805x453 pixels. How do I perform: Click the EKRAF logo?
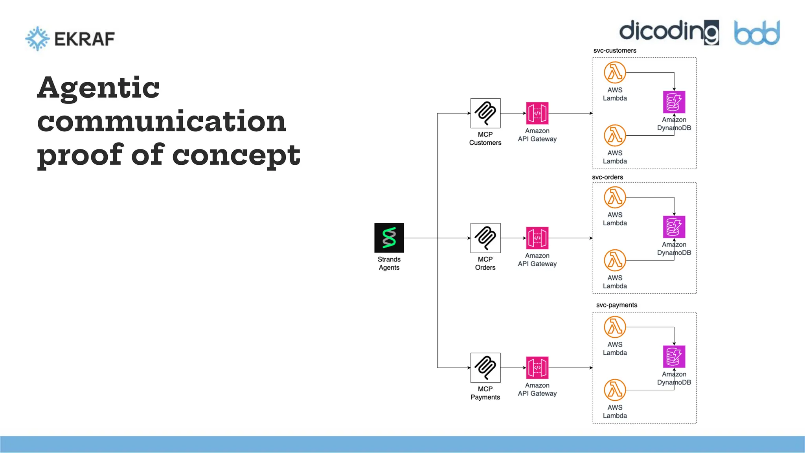70,39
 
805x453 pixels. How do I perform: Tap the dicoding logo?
669,32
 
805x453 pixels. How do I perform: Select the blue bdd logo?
757,33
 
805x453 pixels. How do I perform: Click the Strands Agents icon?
389,238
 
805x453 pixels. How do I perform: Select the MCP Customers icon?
485,113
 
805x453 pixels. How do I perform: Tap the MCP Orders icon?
485,238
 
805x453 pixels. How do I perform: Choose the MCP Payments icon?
485,368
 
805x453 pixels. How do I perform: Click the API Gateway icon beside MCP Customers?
537,113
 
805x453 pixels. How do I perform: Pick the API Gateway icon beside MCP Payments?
537,368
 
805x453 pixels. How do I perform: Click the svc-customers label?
615,51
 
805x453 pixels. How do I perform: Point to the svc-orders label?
607,177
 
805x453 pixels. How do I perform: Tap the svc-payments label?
616,305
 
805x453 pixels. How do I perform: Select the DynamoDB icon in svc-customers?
674,102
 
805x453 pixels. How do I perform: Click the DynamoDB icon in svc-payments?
674,356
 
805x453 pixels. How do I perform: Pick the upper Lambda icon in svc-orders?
615,197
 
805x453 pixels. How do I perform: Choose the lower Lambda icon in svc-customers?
615,136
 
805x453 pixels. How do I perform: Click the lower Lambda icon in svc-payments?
615,390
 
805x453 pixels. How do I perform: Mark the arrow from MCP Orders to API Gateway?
513,238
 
